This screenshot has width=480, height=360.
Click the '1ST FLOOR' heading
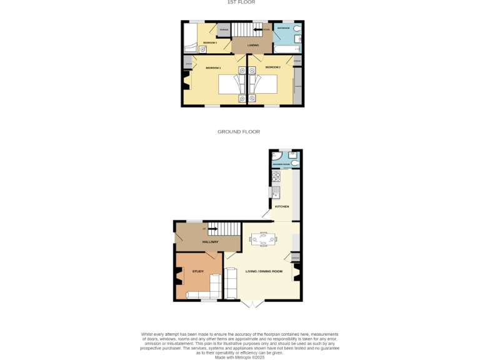pyautogui.click(x=241, y=2)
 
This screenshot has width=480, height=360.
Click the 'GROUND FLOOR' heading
pyautogui.click(x=239, y=132)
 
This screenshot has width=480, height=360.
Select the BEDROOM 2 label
pyautogui.click(x=272, y=67)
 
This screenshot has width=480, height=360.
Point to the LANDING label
pyautogui.click(x=252, y=45)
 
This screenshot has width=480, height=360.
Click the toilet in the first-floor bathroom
pyautogui.click(x=297, y=29)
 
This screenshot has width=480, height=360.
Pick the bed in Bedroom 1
pyautogui.click(x=229, y=84)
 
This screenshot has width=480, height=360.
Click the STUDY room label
pyautogui.click(x=198, y=271)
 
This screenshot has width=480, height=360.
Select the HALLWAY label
pyautogui.click(x=209, y=241)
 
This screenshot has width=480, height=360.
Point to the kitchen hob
pyautogui.click(x=274, y=177)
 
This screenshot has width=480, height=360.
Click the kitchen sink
pyautogui.click(x=274, y=192)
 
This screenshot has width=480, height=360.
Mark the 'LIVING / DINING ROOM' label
pyautogui.click(x=264, y=271)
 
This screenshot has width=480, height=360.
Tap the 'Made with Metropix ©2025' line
pyautogui.click(x=239, y=357)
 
